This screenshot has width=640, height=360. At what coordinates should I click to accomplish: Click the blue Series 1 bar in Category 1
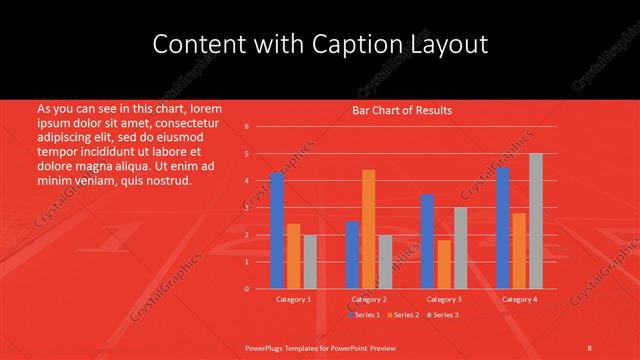tap(277, 231)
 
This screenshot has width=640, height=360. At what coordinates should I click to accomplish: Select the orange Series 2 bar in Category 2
tap(368, 229)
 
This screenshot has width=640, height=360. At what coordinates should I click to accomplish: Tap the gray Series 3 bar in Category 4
tap(536, 221)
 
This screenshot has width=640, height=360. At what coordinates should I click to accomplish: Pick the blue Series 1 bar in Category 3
tap(427, 241)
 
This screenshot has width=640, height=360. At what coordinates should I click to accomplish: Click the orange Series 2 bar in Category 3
tap(444, 264)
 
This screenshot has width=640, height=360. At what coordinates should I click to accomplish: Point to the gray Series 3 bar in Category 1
tap(309, 261)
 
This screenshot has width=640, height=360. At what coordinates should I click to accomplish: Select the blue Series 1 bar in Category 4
tap(503, 228)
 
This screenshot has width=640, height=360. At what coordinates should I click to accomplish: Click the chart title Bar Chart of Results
tap(402, 110)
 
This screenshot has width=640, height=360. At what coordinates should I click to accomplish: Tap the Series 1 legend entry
tap(364, 315)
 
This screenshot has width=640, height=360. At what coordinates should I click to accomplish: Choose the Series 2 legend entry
tap(402, 315)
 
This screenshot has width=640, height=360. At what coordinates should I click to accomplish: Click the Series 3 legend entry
tap(442, 315)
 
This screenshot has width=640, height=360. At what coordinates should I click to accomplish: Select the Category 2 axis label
tap(368, 299)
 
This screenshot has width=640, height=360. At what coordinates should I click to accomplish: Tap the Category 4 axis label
tap(519, 299)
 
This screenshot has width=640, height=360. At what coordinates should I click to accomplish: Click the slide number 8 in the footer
tap(590, 347)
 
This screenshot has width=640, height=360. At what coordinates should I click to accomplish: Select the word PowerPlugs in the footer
tap(267, 347)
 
